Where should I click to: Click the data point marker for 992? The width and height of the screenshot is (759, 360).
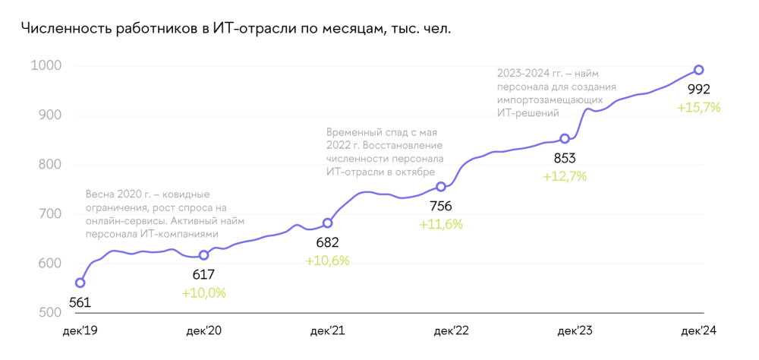coord(699,71)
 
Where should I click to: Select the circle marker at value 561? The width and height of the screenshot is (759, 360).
coord(80,283)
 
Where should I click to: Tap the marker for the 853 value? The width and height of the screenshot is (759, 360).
coord(565,139)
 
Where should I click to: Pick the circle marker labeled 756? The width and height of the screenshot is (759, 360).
coord(441,187)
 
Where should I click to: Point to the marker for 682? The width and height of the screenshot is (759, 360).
coord(328,223)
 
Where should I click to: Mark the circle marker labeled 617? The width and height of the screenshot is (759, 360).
coord(203,255)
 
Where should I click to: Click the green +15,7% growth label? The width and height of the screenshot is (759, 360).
coord(698,108)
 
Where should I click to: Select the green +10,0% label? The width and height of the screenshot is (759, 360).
coord(203,292)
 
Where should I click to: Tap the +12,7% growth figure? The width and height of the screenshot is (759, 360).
coord(565,176)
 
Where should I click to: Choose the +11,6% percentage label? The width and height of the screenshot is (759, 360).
coord(441,224)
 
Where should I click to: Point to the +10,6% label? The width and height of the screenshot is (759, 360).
coord(327,261)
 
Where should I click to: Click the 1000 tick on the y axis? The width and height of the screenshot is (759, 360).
coord(46,66)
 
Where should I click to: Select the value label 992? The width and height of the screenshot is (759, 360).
coord(698,90)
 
